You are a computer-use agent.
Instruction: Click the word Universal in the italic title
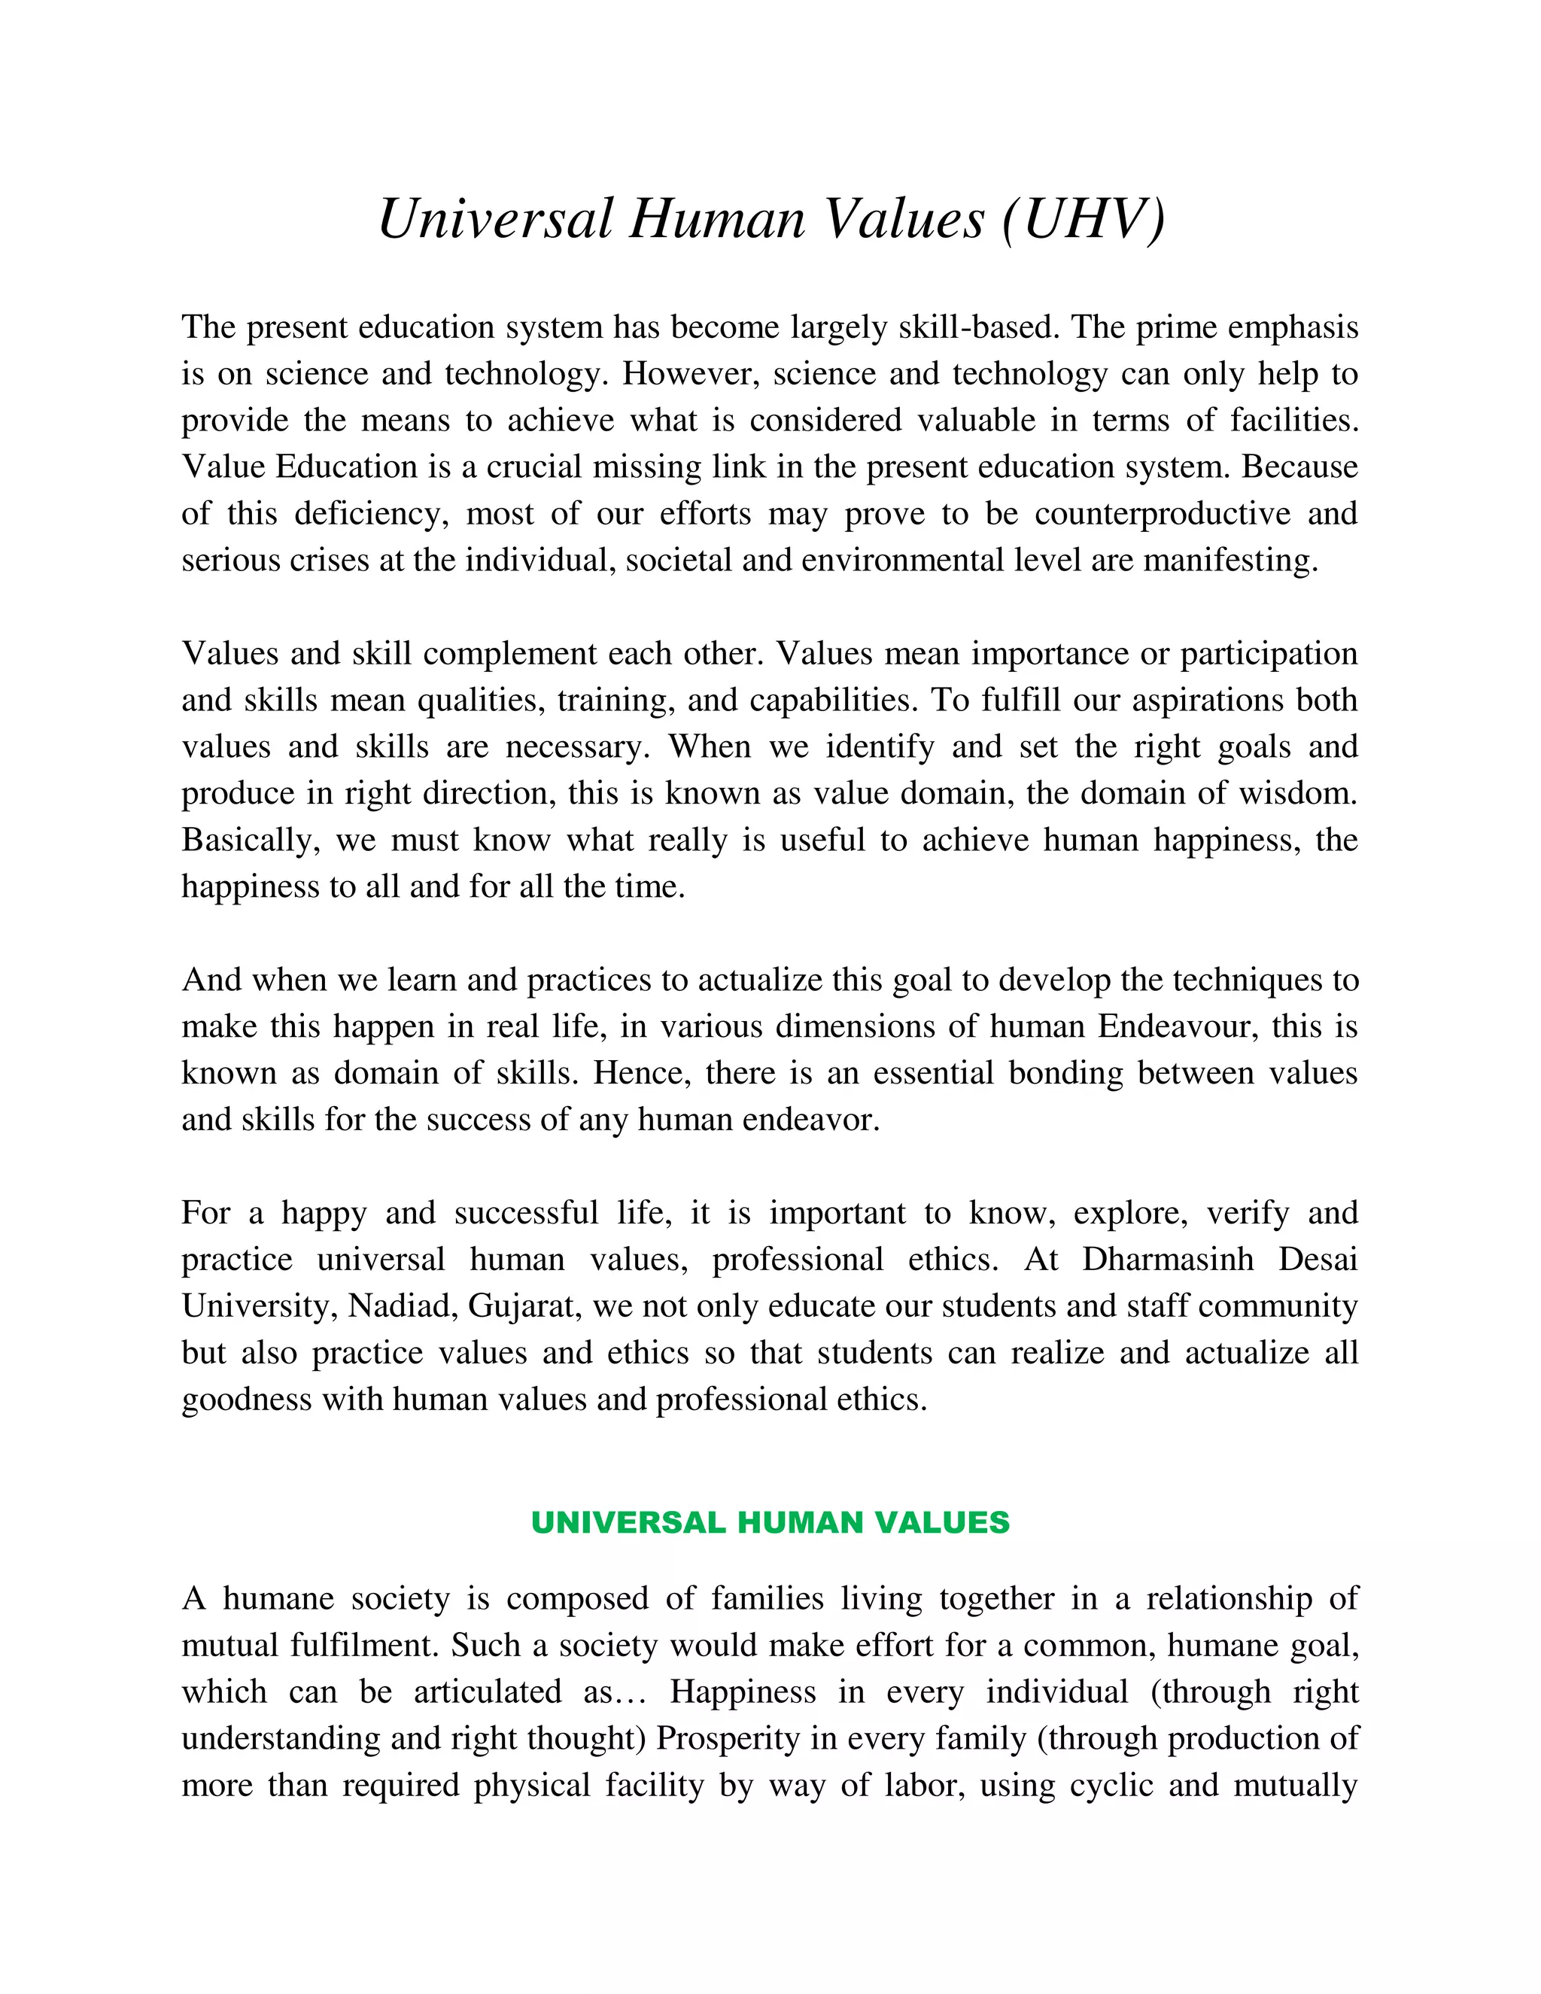click(494, 219)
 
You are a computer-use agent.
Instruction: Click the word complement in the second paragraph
click(509, 653)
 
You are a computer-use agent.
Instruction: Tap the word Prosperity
click(728, 1737)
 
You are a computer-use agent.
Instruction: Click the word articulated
click(488, 1691)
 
